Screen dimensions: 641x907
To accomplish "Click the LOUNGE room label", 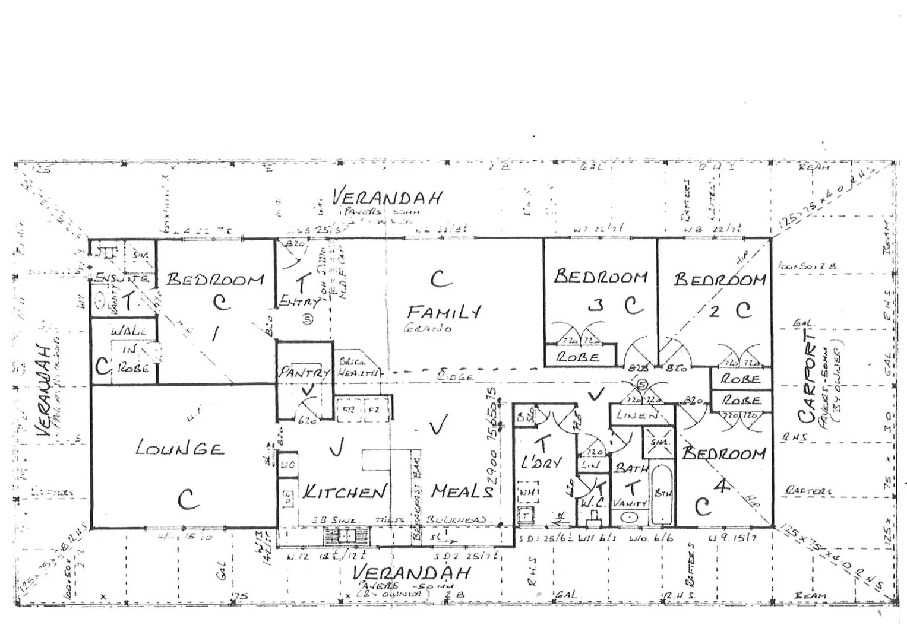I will coord(179,448).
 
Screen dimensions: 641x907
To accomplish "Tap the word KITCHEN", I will coord(345,491).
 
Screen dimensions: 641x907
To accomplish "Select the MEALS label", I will coord(462,491).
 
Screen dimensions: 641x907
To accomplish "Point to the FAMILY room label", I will coord(444,312).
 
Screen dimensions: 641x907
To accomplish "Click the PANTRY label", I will coord(304,373).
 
